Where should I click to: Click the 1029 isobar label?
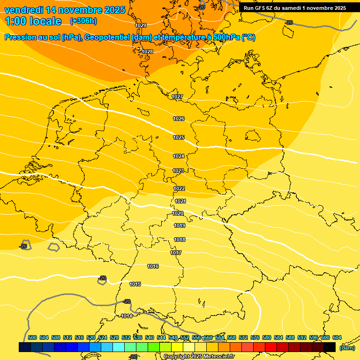[141, 25]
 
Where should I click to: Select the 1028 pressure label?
[147, 52]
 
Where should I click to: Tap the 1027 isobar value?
[177, 97]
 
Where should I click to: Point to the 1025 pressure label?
[179, 137]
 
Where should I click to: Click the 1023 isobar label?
[178, 171]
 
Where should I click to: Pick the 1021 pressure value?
[181, 201]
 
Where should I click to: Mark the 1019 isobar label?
[180, 225]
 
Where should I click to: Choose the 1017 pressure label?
[176, 253]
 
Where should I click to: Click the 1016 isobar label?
[153, 266]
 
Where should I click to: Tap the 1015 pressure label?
[135, 284]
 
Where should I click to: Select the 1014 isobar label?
[127, 316]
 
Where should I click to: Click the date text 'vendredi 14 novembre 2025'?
[65, 10]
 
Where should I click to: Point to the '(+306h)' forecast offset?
[83, 21]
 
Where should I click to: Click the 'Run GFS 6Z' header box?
[295, 8]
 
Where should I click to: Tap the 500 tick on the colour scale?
[32, 337]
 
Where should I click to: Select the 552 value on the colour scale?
[185, 337]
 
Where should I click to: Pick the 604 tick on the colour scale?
[337, 337]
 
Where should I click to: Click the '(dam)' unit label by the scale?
[347, 348]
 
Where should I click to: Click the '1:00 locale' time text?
[33, 21]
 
